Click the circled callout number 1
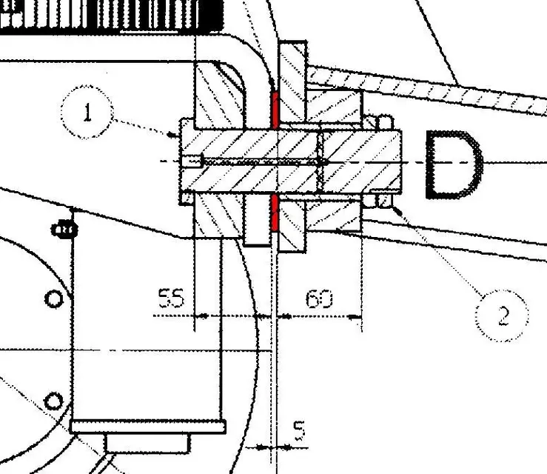tap(87, 112)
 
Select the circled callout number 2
tap(502, 316)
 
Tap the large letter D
tap(454, 164)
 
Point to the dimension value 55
tap(171, 298)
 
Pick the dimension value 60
tap(319, 298)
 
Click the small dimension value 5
tap(299, 430)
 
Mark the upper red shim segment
tap(275, 110)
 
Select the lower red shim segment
tap(275, 213)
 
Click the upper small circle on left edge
tap(54, 299)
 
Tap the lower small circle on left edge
tap(53, 401)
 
